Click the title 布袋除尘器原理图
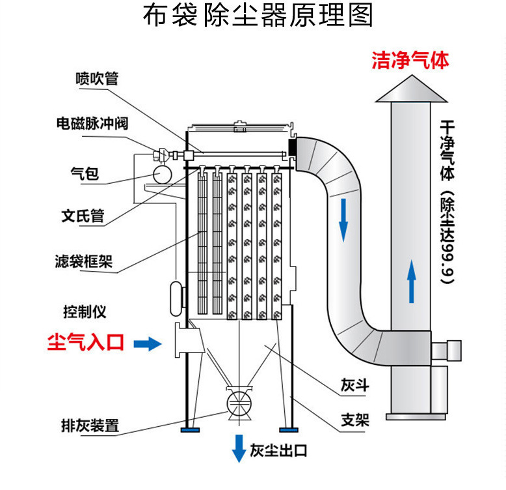(258, 16)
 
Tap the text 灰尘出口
(278, 450)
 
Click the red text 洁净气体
(410, 61)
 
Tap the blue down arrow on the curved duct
(343, 221)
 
